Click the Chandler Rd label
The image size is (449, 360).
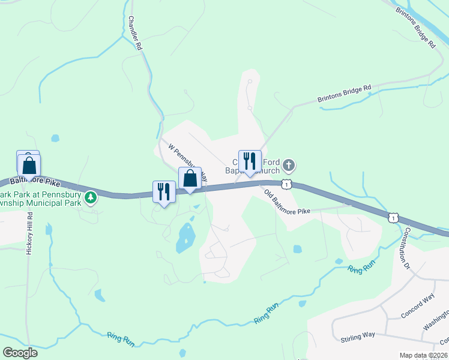pyautogui.click(x=134, y=33)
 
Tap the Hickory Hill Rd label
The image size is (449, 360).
pyautogui.click(x=28, y=233)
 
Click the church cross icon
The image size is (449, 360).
pyautogui.click(x=289, y=165)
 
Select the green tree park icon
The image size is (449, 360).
pyautogui.click(x=91, y=197)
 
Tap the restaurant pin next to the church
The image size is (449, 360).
pyautogui.click(x=250, y=161)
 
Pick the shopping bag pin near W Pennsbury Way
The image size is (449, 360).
pyautogui.click(x=190, y=178)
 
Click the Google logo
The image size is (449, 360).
pyautogui.click(x=20, y=353)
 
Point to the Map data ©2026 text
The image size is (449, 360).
pyautogui.click(x=423, y=355)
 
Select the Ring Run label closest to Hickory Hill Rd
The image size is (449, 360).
pyautogui.click(x=121, y=339)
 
